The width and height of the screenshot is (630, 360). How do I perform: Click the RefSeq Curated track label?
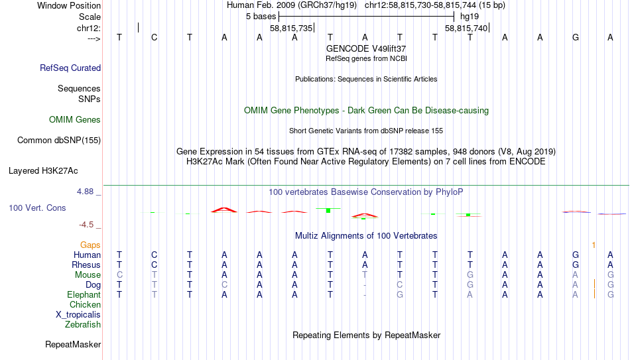pos(70,68)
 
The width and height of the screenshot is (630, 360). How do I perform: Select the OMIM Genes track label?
pos(75,120)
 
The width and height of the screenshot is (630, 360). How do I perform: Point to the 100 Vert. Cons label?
pos(37,208)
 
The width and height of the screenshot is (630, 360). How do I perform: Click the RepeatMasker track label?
pos(73,345)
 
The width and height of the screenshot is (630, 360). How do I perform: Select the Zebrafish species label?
pos(83,325)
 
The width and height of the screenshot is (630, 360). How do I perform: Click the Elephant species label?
pos(84,294)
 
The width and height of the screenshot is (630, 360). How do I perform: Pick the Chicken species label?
pos(85,305)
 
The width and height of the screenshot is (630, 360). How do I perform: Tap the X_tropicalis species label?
pos(78,315)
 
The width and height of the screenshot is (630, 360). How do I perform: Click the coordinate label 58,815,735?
pos(291,29)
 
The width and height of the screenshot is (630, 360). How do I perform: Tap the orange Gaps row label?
pos(90,245)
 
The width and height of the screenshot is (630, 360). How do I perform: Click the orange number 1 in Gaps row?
pos(594,245)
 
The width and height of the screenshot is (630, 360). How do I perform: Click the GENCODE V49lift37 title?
pos(366,48)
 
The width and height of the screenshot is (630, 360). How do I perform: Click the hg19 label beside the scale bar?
pos(470,15)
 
